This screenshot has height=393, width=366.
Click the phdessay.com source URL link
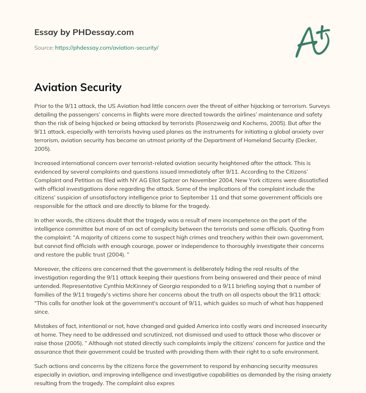[x=107, y=48]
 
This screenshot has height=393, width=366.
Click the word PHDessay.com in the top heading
[x=104, y=33]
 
